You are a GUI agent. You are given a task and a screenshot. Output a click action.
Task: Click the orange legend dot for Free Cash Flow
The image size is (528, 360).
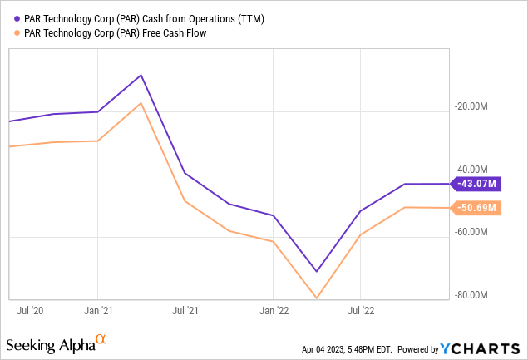coord(8,32)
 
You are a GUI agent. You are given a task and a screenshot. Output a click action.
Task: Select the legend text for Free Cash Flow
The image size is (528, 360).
coord(111,32)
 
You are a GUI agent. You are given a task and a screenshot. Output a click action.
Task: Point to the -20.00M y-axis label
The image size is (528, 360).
coord(473,106)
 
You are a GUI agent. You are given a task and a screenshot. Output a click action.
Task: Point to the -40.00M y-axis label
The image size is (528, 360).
coord(473,169)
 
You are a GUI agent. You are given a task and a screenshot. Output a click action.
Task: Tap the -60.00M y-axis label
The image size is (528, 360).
coord(473,232)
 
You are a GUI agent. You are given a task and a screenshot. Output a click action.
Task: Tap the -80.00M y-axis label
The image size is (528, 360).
coord(473,294)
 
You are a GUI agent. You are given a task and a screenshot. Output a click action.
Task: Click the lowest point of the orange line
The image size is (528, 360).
coord(317,298)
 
